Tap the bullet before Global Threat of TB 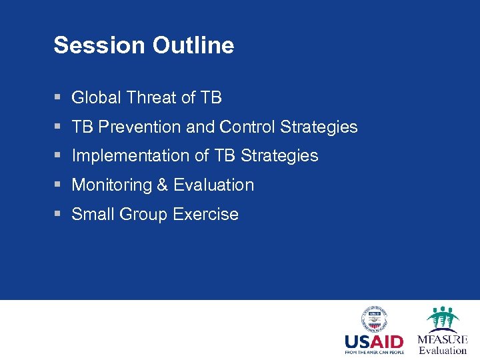coord(58,97)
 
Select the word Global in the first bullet coord(96,97)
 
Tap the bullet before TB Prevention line coord(58,127)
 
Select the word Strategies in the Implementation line coord(279,156)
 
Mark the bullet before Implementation coord(58,156)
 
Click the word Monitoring coord(111,185)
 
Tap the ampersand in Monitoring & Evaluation coord(162,185)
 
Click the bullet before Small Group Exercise coord(58,215)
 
